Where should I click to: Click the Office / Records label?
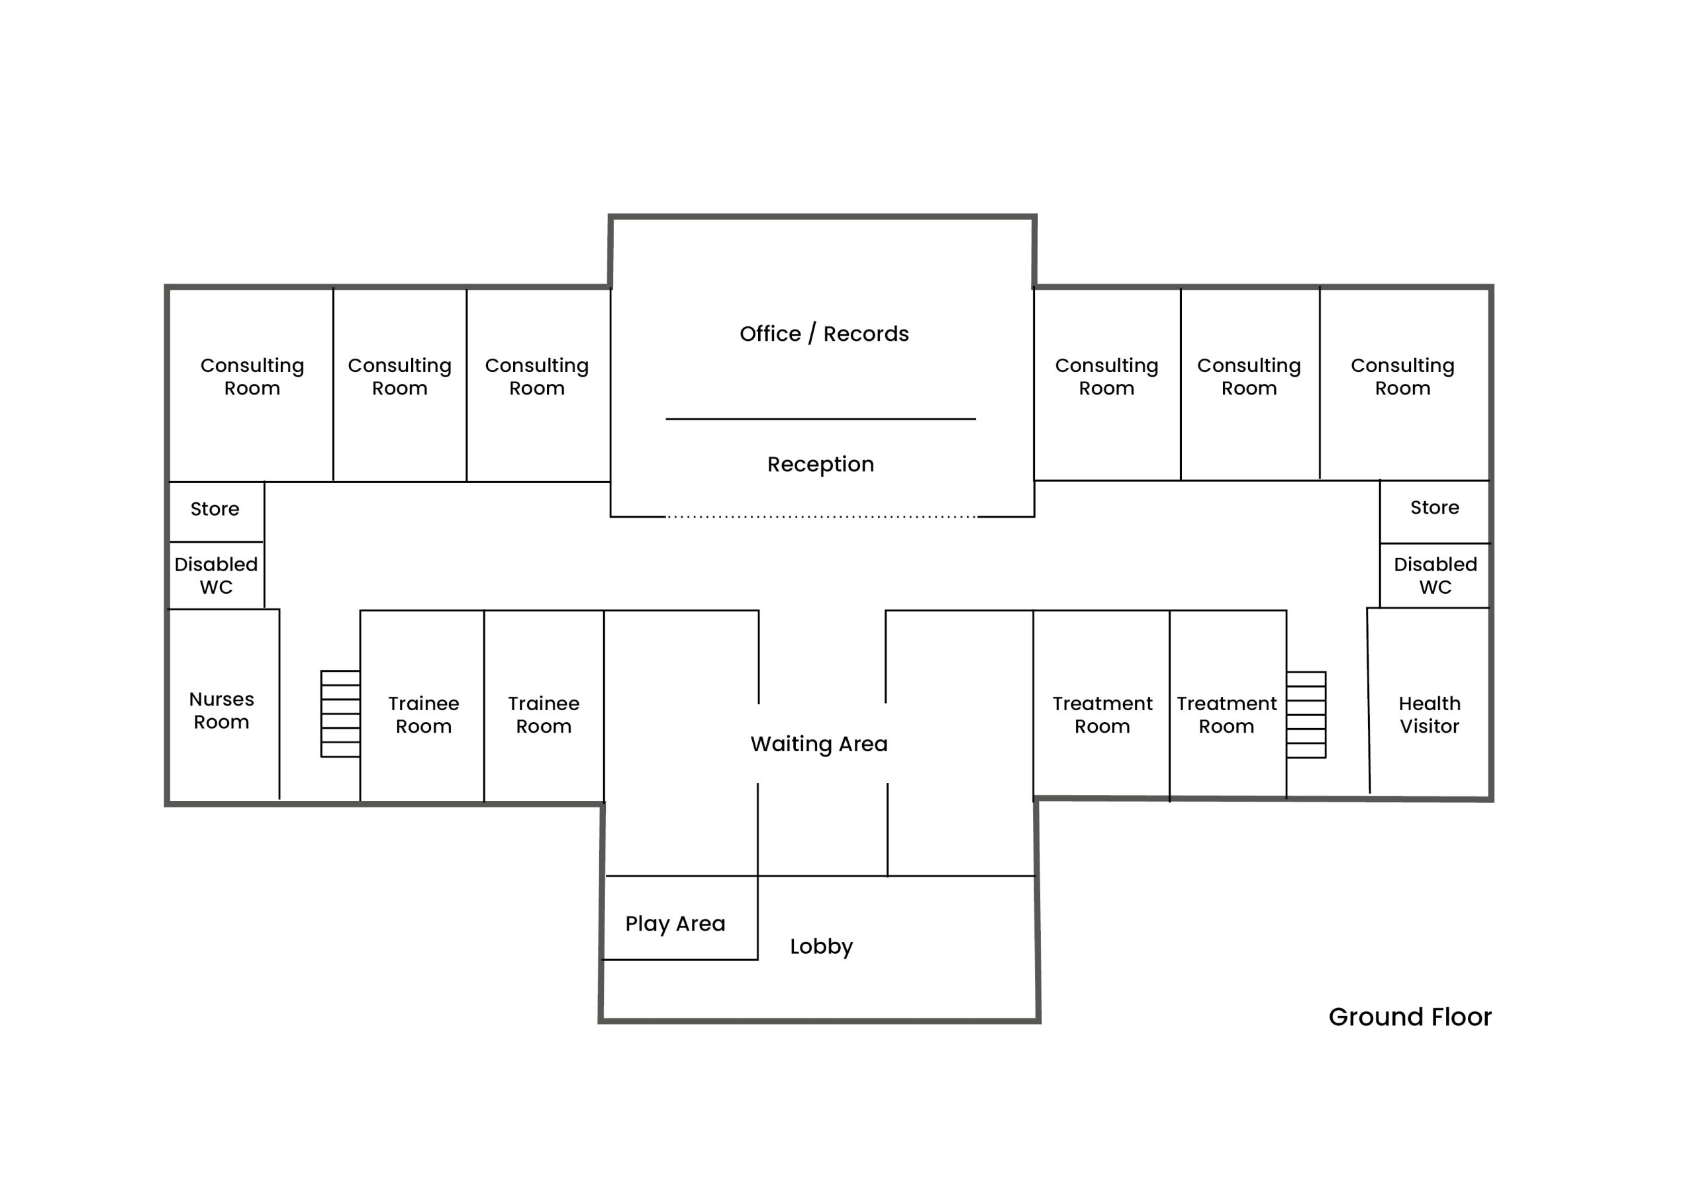[x=824, y=334]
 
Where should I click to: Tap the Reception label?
[x=820, y=464]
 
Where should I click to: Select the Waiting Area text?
[x=819, y=744]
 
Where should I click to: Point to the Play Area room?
[x=675, y=923]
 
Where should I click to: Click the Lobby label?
[x=821, y=946]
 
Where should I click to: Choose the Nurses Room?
[x=221, y=710]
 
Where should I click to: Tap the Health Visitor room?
[x=1429, y=715]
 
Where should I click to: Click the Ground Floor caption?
[x=1410, y=1017]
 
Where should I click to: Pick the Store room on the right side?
[x=1434, y=508]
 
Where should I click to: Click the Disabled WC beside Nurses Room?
[x=216, y=576]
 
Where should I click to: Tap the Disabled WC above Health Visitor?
[x=1435, y=576]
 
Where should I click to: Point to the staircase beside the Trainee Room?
[x=340, y=714]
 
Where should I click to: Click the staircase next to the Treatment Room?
[x=1306, y=715]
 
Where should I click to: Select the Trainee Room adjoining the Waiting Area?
[x=544, y=715]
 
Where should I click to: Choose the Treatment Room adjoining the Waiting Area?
[x=1102, y=715]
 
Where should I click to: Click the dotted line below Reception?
[x=821, y=517]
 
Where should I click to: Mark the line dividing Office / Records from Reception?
[x=820, y=419]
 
